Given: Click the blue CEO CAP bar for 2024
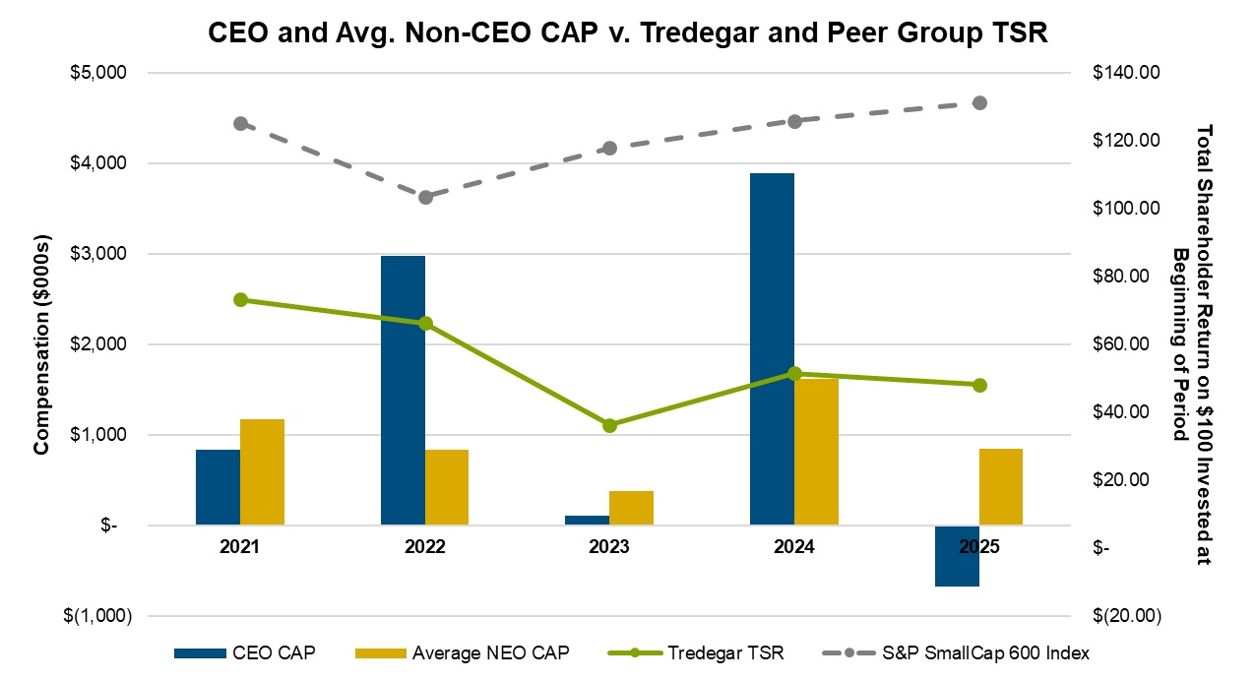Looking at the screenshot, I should (772, 349).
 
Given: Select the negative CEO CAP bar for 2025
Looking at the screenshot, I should (957, 556).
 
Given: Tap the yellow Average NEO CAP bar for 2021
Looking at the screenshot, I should (262, 472).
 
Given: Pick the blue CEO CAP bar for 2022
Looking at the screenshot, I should (403, 391).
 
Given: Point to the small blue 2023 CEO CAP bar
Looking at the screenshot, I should (587, 521).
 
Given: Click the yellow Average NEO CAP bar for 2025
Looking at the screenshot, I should (1001, 487).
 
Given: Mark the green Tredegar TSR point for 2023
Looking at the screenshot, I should (609, 425).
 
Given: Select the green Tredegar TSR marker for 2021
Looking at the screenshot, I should (240, 299).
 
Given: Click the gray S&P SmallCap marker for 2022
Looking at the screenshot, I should (425, 197).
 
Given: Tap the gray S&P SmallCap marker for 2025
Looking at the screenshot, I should (979, 103).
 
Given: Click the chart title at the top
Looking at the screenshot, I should (628, 33).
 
